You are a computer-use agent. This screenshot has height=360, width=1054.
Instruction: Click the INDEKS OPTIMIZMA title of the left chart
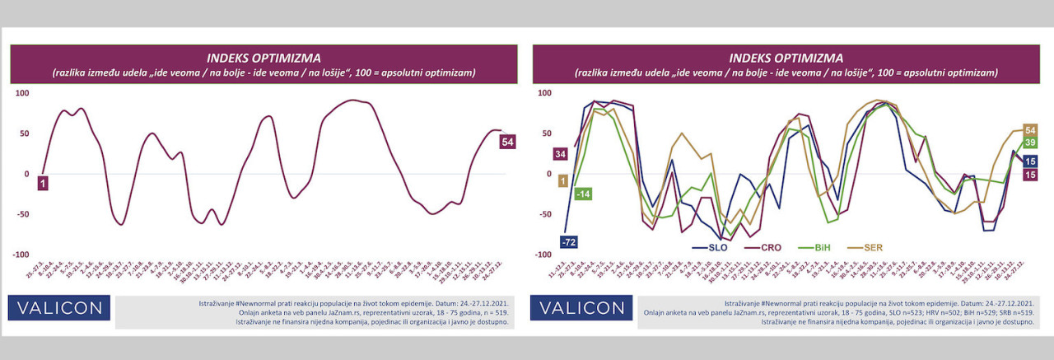pyautogui.click(x=263, y=58)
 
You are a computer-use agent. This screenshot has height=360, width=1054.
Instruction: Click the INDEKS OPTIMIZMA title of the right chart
pyautogui.click(x=786, y=58)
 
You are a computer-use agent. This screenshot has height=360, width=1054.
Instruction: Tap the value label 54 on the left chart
pyautogui.click(x=508, y=142)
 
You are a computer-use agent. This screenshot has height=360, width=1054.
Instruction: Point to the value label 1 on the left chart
pyautogui.click(x=41, y=183)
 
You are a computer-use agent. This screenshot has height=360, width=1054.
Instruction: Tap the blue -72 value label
pyautogui.click(x=568, y=241)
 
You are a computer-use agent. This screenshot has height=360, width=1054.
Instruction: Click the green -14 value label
pyautogui.click(x=583, y=194)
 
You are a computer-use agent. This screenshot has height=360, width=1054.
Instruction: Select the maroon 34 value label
pyautogui.click(x=561, y=154)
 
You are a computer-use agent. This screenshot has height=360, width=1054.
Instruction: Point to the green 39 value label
pyautogui.click(x=1029, y=143)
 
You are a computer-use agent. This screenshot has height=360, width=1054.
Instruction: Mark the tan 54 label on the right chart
pyautogui.click(x=1029, y=129)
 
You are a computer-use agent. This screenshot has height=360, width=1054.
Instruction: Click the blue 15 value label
pyautogui.click(x=1029, y=160)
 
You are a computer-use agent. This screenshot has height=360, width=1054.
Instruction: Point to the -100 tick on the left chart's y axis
pyautogui.click(x=19, y=255)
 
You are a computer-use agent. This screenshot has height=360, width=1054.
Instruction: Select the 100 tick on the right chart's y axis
pyautogui.click(x=543, y=92)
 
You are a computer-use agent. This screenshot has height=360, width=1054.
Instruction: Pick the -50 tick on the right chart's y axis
pyautogui.click(x=543, y=214)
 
